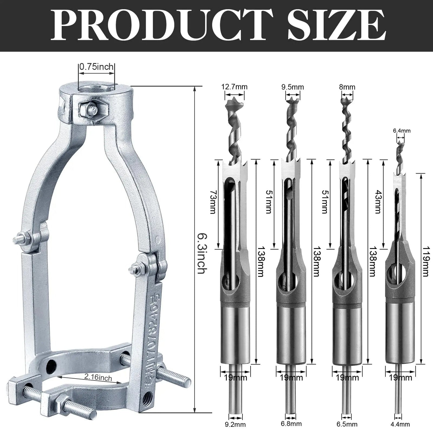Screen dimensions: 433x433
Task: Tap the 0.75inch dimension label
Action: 96,67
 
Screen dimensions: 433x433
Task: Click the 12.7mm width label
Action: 234,87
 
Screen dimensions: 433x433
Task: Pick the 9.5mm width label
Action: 292,87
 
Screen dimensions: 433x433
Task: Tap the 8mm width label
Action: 347,87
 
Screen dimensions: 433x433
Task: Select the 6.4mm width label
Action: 401,131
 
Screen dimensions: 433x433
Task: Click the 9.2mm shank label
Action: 235,425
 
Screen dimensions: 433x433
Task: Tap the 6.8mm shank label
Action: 291,424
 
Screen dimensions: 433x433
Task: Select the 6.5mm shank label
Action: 347,424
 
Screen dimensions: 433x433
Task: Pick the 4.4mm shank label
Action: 401,424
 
